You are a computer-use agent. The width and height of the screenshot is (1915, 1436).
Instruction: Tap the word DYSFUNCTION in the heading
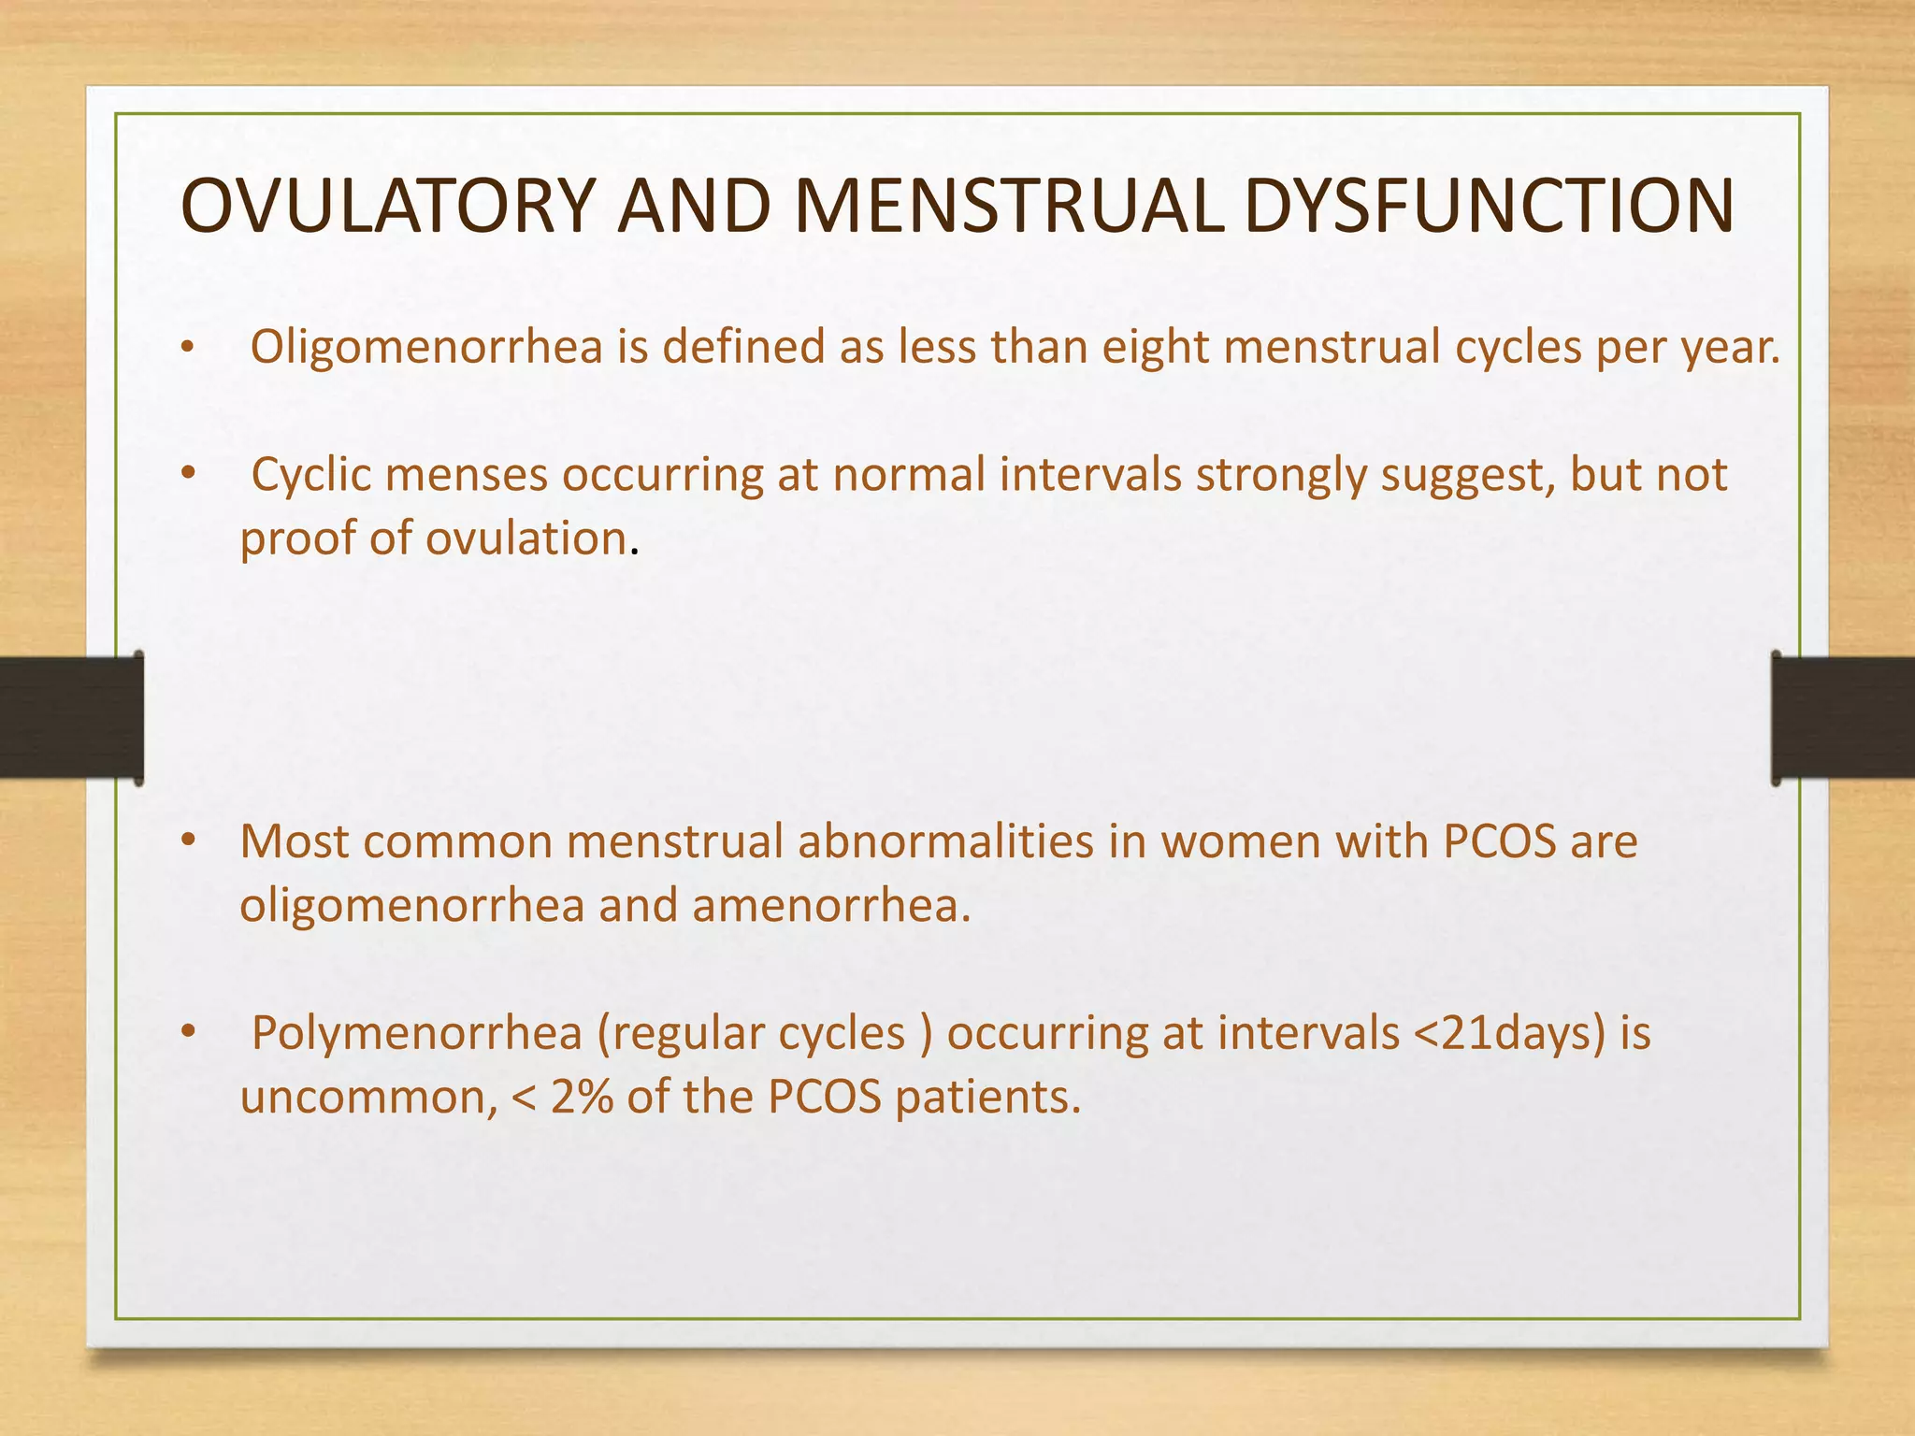tap(1490, 205)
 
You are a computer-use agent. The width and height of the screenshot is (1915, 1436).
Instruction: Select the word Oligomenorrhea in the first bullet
tap(426, 348)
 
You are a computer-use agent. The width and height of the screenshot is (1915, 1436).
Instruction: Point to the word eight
tap(1155, 348)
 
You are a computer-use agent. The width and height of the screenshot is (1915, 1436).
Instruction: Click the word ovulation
tap(526, 539)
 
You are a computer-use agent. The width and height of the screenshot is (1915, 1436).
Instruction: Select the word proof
tap(297, 539)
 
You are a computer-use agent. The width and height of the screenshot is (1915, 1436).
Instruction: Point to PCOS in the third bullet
tap(1499, 841)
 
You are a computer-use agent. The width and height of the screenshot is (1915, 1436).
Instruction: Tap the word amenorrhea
tap(831, 906)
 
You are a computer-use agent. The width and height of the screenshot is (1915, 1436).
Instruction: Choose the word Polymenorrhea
tap(417, 1034)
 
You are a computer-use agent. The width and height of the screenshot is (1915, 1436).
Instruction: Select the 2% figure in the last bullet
tap(582, 1098)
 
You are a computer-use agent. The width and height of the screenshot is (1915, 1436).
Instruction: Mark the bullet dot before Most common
tap(188, 841)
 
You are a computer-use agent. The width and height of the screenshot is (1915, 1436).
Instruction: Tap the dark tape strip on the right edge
tap(1843, 718)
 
